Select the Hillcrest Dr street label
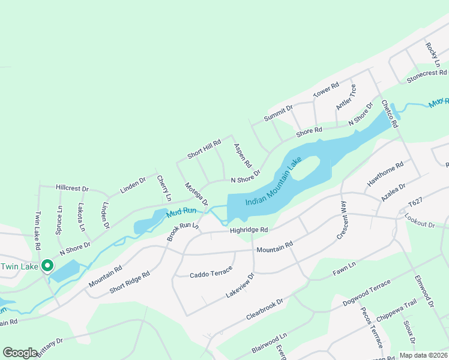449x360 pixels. (72, 188)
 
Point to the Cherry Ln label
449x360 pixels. (164, 188)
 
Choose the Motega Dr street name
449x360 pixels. (196, 194)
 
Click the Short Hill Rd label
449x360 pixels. (204, 149)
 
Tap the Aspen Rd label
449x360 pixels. (243, 155)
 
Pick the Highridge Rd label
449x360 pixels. (247, 230)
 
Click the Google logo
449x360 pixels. (20, 353)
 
